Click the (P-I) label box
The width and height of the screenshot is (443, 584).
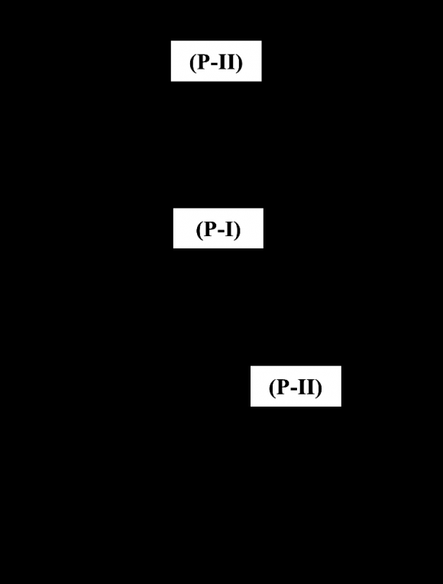click(x=218, y=228)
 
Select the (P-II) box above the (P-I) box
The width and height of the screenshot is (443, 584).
click(x=216, y=61)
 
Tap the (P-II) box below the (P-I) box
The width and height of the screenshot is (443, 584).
click(x=296, y=386)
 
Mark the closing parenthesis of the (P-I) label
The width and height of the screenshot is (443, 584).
click(x=238, y=229)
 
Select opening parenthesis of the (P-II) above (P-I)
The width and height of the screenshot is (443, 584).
click(x=193, y=63)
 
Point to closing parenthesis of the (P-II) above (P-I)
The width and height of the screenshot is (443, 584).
click(x=240, y=63)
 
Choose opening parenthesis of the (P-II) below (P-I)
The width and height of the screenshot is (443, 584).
click(x=273, y=388)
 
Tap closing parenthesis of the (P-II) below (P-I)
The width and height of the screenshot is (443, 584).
click(x=319, y=388)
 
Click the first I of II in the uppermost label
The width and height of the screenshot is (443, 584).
click(x=224, y=63)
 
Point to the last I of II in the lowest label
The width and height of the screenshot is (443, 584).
click(x=312, y=388)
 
